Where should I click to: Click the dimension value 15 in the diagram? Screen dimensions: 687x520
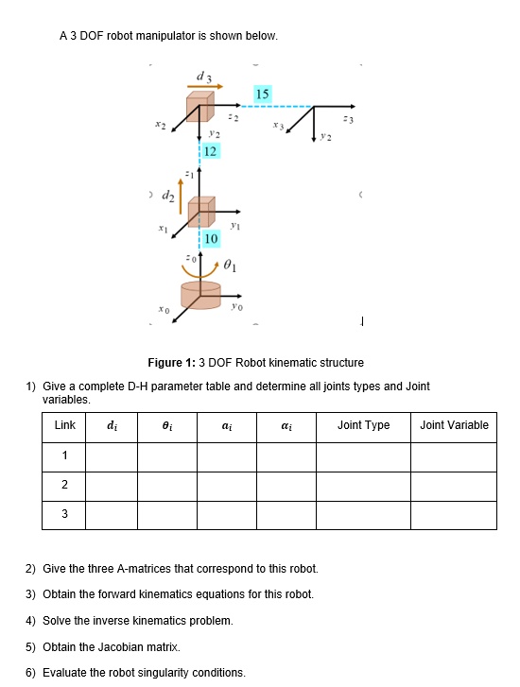pos(263,94)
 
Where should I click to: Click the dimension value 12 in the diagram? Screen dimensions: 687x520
pos(210,151)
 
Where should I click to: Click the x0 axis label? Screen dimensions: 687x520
pos(165,309)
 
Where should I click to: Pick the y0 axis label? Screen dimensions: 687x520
pos(238,305)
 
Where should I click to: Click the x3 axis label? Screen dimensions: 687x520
pos(277,124)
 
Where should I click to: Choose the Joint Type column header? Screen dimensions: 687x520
pos(363,425)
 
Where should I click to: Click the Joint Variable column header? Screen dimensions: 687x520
pos(454,425)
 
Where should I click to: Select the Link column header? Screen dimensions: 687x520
pos(65,425)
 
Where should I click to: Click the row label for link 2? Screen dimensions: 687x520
pos(65,485)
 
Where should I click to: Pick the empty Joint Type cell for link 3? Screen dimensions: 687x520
pos(363,514)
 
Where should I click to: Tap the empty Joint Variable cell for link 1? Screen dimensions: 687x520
pos(454,455)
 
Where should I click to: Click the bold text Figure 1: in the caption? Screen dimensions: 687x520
pos(170,363)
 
